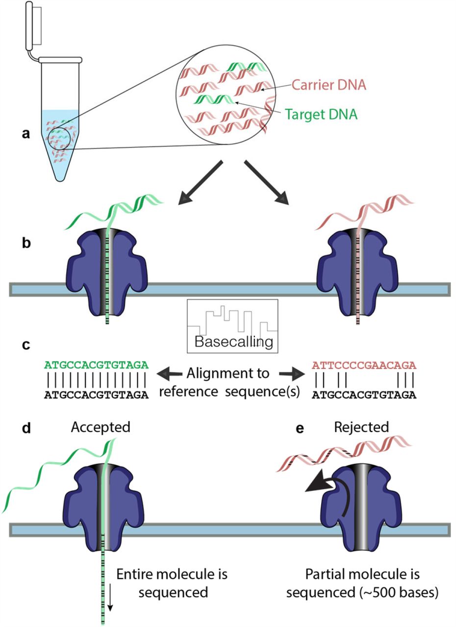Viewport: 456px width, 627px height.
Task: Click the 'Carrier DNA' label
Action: click(x=329, y=85)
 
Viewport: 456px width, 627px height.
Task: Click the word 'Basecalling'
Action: click(x=233, y=341)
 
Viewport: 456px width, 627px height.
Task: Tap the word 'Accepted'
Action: click(x=101, y=427)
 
